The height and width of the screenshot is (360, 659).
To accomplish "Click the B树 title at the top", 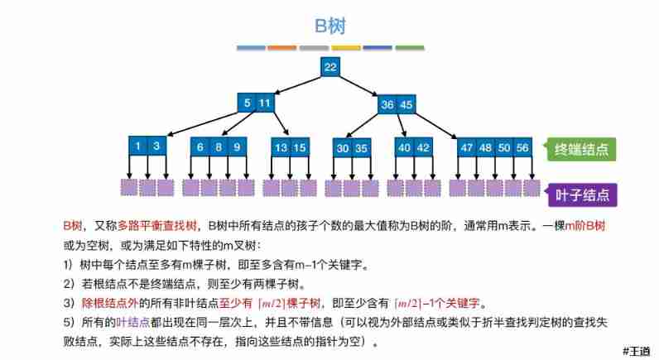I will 329,26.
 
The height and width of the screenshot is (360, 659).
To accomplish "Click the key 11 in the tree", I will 264,103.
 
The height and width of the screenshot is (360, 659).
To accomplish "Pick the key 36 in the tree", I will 387,105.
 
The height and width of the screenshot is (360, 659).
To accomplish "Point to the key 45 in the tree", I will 406,105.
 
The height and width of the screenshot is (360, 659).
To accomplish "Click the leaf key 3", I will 156,146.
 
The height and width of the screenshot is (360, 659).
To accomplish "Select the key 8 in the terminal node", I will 219,147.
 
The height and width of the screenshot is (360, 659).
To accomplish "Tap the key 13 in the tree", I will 281,147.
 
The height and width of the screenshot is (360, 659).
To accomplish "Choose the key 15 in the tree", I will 300,147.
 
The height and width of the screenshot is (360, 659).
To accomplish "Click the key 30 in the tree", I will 342,148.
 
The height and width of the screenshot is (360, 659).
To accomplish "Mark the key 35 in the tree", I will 361,148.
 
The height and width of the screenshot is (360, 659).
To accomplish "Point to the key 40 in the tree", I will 404,147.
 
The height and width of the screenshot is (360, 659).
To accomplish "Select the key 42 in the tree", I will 423,147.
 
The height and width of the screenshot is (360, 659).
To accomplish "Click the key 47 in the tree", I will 467,147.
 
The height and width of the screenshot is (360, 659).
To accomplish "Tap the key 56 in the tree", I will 522,147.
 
